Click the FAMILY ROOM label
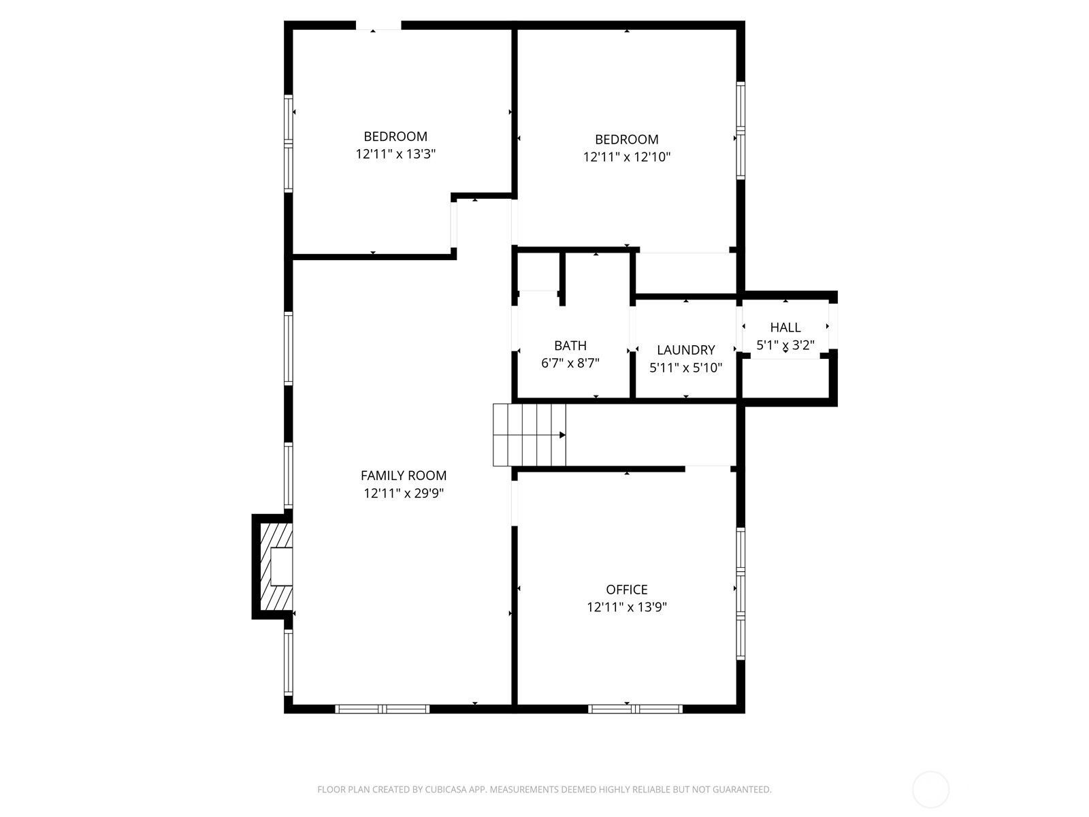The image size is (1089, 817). coord(404,475)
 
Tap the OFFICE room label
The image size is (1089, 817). coord(627,590)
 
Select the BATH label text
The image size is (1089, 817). coord(570,345)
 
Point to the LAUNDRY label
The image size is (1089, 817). coord(685,350)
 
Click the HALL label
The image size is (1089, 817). coord(785,327)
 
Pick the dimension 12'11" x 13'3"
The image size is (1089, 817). coord(395,154)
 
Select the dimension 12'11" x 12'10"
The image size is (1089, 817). coord(627,157)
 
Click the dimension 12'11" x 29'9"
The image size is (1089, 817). coord(404,493)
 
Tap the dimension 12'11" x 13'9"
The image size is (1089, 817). coord(627,607)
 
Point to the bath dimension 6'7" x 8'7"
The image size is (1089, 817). coord(570,363)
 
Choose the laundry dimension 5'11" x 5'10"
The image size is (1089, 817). coord(685,368)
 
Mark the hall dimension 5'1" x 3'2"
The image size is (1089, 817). coord(785,345)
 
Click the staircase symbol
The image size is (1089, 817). coord(530,435)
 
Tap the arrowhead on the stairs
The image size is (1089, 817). coord(563,435)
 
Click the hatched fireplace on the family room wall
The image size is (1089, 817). coord(276,566)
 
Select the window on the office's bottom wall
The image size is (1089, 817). coord(635,709)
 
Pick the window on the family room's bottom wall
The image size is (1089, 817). coord(382,709)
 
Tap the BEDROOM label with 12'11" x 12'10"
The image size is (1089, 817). coord(627,140)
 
